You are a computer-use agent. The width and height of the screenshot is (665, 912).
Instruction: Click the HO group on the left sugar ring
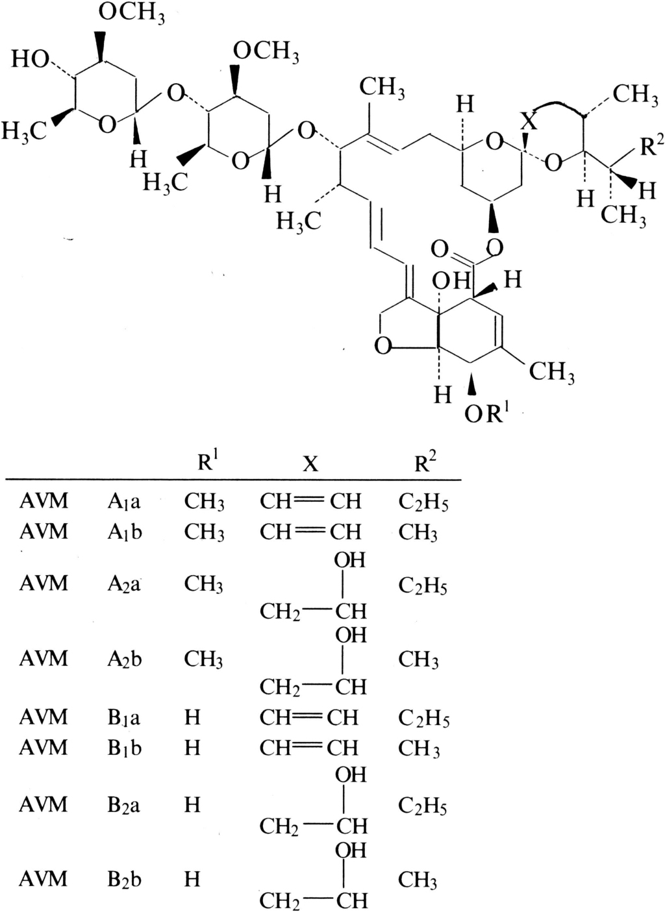[x=30, y=60]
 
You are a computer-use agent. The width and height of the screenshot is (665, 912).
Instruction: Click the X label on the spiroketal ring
[x=529, y=121]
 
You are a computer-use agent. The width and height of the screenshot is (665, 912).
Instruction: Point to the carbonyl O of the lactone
[x=440, y=248]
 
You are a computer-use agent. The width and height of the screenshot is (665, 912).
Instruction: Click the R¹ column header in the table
[x=208, y=462]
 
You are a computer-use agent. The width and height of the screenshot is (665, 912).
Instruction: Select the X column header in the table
[x=310, y=463]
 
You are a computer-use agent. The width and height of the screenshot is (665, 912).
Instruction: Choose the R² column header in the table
[x=425, y=462]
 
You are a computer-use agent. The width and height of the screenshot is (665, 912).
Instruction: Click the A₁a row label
[x=124, y=501]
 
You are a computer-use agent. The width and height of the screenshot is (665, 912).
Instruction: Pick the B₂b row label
[x=124, y=880]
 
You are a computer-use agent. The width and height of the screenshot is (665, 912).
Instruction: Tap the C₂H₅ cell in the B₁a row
[x=423, y=718]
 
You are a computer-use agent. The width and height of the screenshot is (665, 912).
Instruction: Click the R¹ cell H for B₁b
[x=192, y=748]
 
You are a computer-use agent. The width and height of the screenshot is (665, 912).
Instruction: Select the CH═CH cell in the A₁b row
[x=310, y=532]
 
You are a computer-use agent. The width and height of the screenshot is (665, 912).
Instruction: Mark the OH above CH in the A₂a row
[x=350, y=560]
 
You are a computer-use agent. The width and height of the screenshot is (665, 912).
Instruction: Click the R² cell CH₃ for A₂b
[x=418, y=659]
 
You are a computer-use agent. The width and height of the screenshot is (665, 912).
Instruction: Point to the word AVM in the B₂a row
[x=43, y=805]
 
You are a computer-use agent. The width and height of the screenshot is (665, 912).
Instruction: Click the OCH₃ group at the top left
[x=131, y=13]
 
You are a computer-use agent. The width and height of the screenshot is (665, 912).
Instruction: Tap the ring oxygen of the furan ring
[x=383, y=346]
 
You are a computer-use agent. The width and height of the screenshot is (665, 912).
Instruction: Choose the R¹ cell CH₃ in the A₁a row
[x=204, y=502]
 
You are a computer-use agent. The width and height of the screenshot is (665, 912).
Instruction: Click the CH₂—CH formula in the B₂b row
[x=313, y=901]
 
